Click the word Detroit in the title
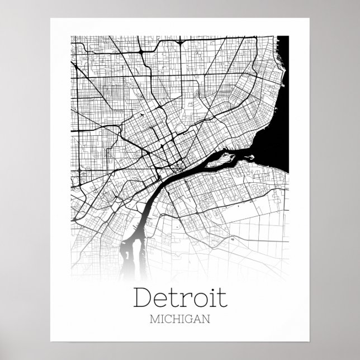point(180,298)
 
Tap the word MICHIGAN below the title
point(180,320)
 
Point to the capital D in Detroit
point(144,298)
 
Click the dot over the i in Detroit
point(209,289)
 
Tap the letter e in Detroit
point(162,301)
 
